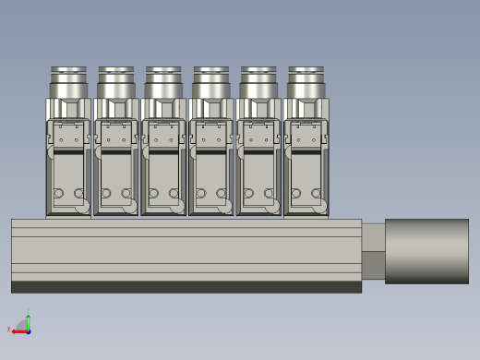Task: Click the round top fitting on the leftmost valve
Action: coord(68,81)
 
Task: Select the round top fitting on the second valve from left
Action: coord(115,81)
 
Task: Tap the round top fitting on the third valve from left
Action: coord(163,81)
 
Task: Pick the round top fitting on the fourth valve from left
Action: coord(210,81)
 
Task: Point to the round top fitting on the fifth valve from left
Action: coord(258,81)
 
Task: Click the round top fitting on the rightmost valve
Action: coord(306,81)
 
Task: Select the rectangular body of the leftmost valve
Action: coord(68,171)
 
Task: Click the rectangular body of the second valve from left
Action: coord(115,171)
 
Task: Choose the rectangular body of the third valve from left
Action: coord(163,171)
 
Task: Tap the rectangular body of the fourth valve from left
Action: coord(210,171)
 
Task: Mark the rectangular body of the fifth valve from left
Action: coord(258,171)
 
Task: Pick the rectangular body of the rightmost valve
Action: coord(306,171)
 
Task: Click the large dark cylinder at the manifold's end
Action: coord(426,250)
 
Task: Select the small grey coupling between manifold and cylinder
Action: coord(373,250)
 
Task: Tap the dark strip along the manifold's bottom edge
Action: coord(185,287)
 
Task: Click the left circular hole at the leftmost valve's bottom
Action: coord(58,194)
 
